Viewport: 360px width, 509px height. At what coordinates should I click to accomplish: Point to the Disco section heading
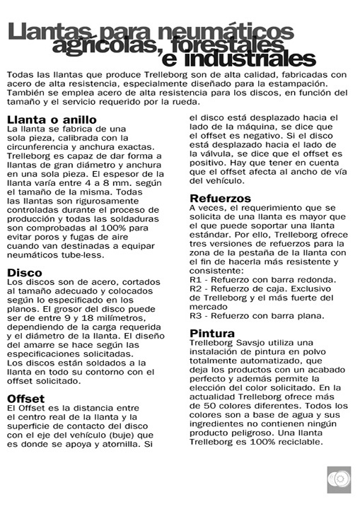point(25,271)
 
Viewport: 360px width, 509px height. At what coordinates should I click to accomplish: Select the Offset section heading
point(26,399)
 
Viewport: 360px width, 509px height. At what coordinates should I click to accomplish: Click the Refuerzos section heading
point(221,199)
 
